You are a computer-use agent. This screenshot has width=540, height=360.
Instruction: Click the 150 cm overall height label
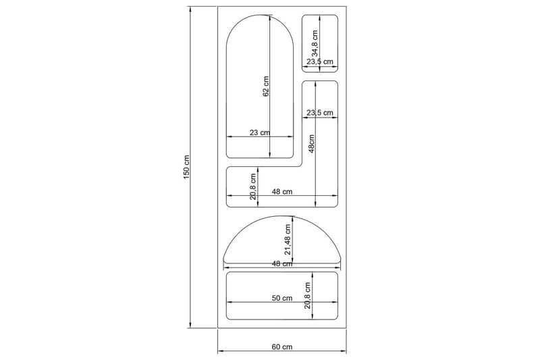(x=186, y=168)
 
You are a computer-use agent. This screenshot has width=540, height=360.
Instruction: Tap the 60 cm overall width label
(x=282, y=346)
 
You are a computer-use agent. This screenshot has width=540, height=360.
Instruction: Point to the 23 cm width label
(x=261, y=132)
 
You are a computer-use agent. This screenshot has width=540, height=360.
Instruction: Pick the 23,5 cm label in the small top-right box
(x=320, y=61)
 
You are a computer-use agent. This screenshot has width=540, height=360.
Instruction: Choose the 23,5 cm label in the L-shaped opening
(x=320, y=113)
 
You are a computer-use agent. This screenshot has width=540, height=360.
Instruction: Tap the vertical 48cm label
(x=312, y=144)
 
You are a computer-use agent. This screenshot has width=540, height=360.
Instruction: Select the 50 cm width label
(x=282, y=298)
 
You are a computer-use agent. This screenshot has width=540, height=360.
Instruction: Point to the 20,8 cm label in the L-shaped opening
(x=252, y=187)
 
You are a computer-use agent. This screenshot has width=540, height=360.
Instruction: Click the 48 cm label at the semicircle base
(x=282, y=264)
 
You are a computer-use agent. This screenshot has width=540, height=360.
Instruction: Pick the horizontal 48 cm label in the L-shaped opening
(x=282, y=192)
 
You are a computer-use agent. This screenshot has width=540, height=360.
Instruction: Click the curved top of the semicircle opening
(x=282, y=217)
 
